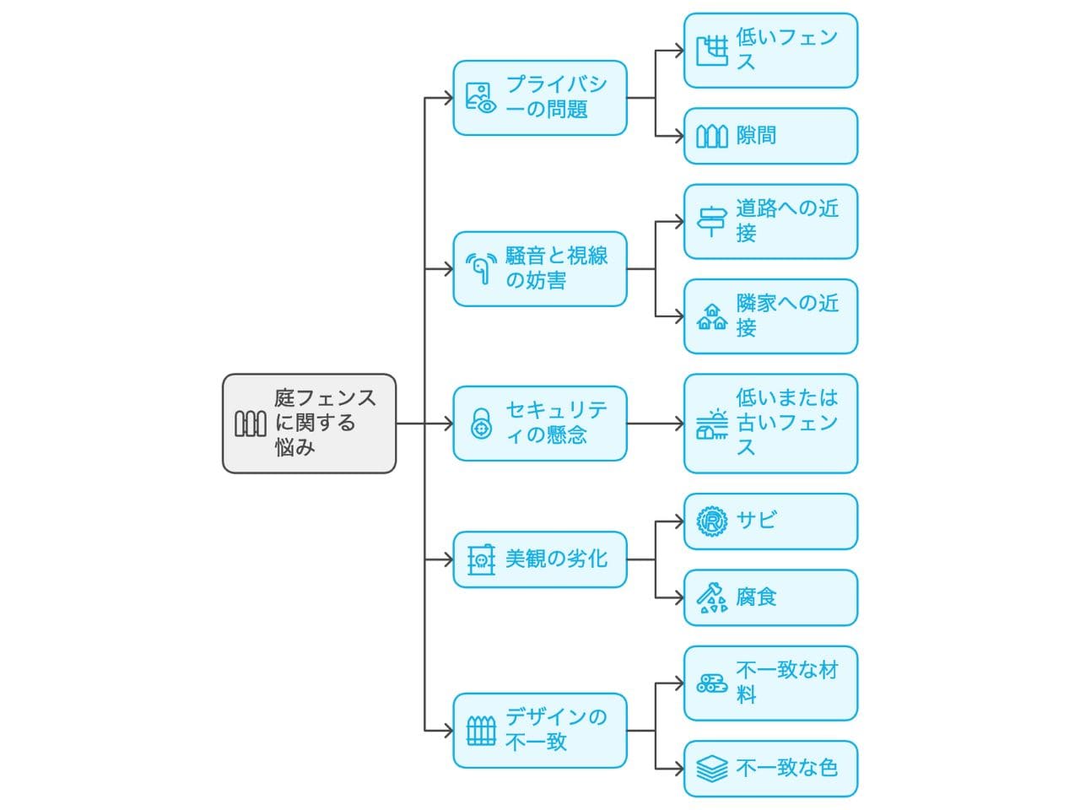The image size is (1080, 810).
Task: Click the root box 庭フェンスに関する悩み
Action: [309, 424]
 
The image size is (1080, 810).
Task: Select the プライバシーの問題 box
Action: [540, 98]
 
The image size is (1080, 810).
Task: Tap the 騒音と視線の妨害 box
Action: [540, 269]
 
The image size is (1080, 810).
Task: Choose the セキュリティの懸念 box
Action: [540, 424]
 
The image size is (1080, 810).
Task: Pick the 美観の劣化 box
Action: [540, 559]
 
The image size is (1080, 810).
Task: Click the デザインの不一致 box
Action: [540, 731]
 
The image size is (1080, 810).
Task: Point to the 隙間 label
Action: [756, 136]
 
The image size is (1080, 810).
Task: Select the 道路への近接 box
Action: [770, 222]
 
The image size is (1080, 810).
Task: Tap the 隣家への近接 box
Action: [770, 316]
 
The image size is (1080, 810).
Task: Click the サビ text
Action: [756, 521]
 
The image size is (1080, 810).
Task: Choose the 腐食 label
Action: [756, 597]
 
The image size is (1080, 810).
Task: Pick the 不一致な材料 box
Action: [770, 683]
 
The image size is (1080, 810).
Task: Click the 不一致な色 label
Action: [786, 768]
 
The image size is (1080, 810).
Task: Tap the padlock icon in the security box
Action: [481, 424]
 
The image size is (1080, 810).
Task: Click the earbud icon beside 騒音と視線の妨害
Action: [481, 268]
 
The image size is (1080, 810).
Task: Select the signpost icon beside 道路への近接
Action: [712, 221]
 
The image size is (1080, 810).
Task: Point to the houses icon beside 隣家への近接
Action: [712, 317]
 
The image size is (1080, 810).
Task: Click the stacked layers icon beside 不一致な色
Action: [712, 769]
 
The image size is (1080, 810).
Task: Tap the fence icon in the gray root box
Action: [250, 424]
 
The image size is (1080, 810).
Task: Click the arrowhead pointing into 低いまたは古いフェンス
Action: [678, 424]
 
